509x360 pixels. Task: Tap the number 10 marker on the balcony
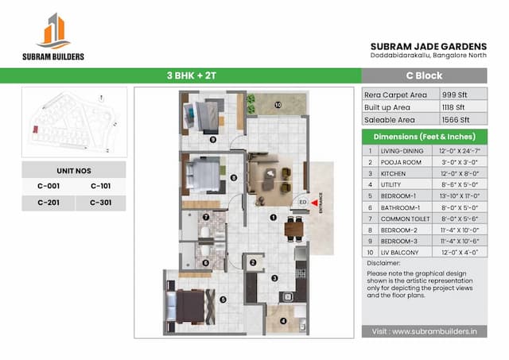pyautogui.click(x=278, y=104)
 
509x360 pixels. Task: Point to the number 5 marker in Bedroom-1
pyautogui.click(x=223, y=300)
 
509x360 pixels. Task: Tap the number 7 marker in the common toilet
pyautogui.click(x=205, y=217)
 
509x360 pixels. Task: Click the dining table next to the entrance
pyautogui.click(x=294, y=228)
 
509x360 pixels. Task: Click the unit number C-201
pyautogui.click(x=49, y=203)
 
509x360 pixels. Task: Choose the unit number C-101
pyautogui.click(x=100, y=186)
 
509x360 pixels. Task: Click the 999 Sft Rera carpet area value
pyautogui.click(x=453, y=93)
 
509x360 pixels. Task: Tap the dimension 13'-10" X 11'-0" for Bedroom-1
pyautogui.click(x=460, y=195)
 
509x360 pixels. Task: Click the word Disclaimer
pyautogui.click(x=385, y=262)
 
